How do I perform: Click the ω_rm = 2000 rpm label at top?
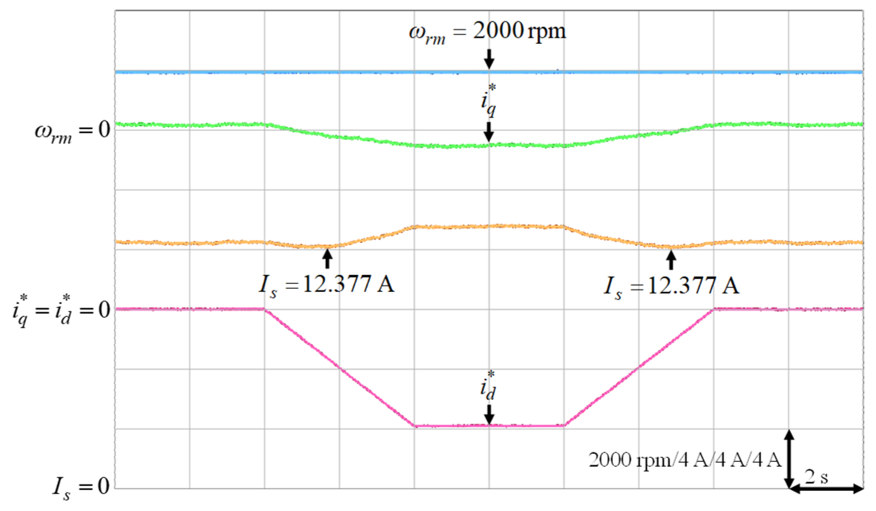pos(488,31)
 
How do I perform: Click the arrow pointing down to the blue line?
pos(489,59)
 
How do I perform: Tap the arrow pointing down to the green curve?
pos(489,132)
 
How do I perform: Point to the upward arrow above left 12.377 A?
pos(327,259)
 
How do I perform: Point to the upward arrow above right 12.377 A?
pos(671,260)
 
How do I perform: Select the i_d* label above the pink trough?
pos(488,385)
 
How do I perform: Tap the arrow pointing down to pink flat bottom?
pos(489,414)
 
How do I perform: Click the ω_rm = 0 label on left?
pos(73,131)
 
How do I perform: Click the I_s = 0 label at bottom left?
pos(81,488)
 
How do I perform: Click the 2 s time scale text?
pos(816,477)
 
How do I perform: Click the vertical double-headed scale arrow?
pos(789,459)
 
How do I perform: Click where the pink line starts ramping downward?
pos(265,309)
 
